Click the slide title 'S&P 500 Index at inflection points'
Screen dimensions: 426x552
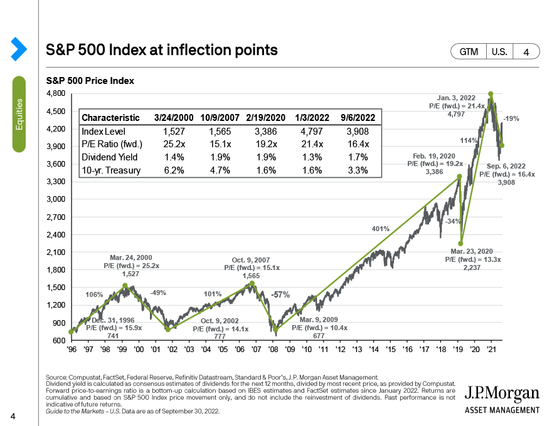[162, 49]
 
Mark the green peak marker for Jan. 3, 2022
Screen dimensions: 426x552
[491, 93]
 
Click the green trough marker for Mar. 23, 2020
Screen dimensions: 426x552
[460, 244]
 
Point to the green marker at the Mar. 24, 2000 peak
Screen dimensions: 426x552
[125, 286]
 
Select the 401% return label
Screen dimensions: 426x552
[380, 229]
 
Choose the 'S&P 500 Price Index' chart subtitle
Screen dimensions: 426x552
[90, 81]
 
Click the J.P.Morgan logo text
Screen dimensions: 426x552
[502, 394]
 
